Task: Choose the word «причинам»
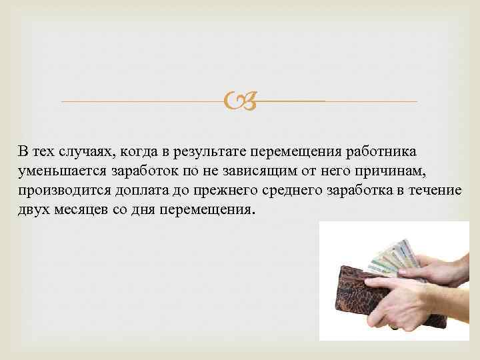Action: coord(407,171)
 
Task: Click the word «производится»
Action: coord(63,191)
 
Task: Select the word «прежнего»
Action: coord(218,191)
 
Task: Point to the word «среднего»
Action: coord(288,191)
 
